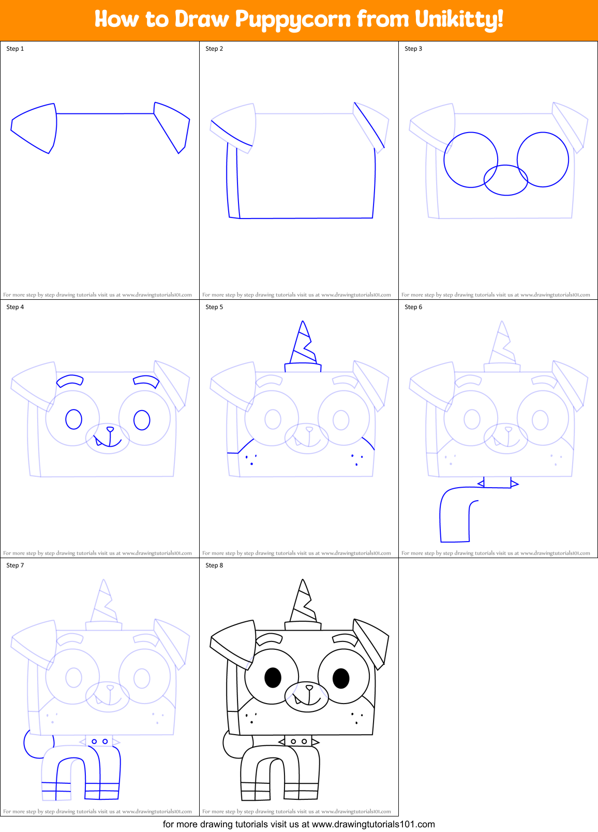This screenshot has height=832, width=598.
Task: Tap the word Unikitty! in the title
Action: tap(459, 20)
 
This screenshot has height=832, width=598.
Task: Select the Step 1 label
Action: tap(15, 49)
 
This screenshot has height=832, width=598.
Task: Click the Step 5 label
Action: tap(214, 307)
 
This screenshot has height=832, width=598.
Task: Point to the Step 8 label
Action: tap(214, 565)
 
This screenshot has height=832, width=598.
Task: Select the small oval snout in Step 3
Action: tap(506, 180)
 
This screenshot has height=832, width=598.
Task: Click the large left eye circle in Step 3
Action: tap(470, 159)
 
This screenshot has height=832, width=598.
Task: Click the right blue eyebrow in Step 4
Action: tap(146, 381)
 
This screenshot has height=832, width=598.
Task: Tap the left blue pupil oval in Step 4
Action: tap(74, 419)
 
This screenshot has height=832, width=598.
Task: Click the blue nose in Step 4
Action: tap(110, 429)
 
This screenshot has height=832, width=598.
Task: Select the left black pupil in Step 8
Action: tap(273, 677)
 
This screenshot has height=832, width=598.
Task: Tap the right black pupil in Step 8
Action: tap(341, 678)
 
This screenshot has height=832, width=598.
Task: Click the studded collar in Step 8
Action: tap(298, 741)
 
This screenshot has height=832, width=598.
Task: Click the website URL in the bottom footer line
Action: tap(373, 824)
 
